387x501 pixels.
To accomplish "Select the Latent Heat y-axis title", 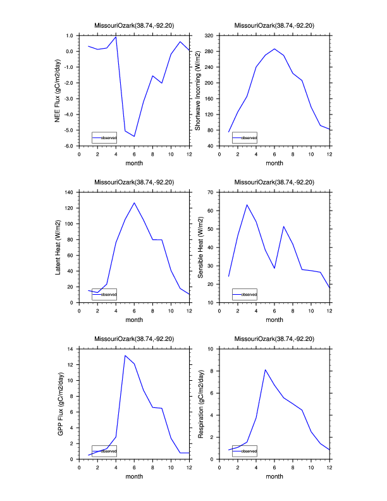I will point(58,247).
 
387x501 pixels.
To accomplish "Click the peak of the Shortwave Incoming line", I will point(274,49).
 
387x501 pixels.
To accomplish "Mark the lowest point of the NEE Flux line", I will point(134,136).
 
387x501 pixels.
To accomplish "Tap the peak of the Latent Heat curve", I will point(134,203).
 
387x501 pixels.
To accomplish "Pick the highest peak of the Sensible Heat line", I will point(247,204).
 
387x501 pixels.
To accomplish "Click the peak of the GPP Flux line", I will point(125,355).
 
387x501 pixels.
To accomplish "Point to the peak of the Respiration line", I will point(266,369).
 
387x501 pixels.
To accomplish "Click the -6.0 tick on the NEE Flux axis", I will point(70,146).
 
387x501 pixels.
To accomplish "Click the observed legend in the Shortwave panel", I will point(244,137).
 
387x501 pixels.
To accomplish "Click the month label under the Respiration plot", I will point(274,476).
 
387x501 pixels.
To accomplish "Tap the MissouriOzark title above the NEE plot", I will point(134,25).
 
